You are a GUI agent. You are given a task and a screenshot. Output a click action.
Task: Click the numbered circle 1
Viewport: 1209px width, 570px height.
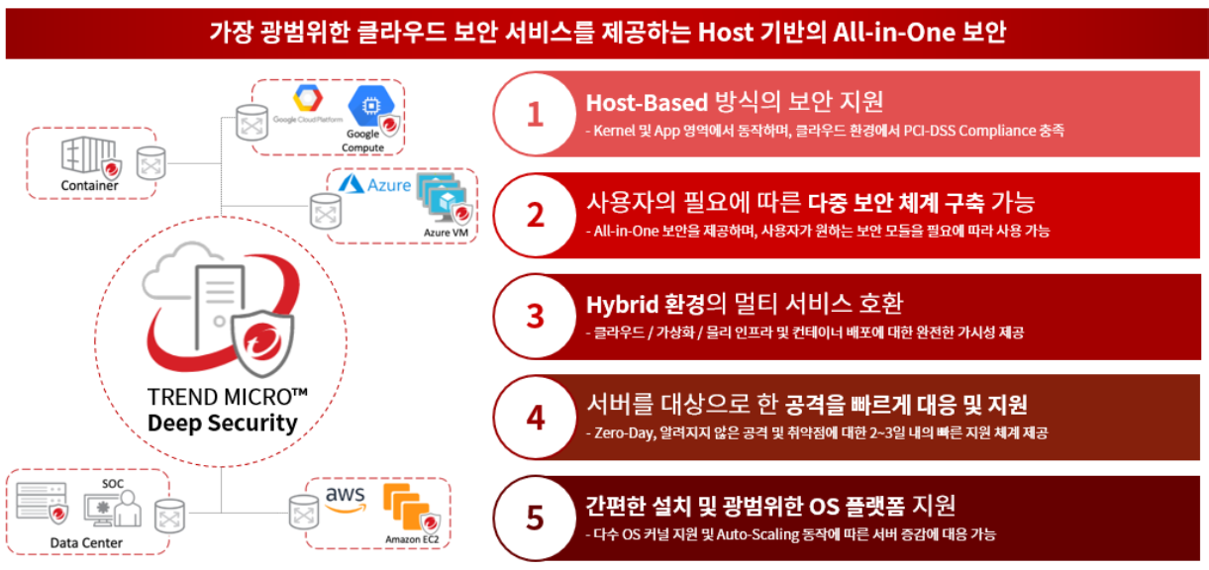[x=535, y=114]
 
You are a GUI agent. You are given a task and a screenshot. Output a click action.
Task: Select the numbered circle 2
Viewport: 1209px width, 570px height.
[x=535, y=215]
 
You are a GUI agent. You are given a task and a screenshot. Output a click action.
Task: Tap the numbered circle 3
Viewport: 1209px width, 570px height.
[x=535, y=316]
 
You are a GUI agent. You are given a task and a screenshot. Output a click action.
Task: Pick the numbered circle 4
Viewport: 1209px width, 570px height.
[x=535, y=417]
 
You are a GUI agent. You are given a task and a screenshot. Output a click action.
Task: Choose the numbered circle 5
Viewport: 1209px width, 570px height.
[x=535, y=518]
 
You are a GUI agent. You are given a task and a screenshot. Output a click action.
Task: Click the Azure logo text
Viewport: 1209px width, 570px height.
[x=388, y=185]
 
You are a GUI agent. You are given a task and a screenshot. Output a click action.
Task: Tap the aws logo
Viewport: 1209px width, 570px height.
[x=346, y=499]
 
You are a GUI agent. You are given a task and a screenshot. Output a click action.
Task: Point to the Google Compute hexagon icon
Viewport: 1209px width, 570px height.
[x=371, y=106]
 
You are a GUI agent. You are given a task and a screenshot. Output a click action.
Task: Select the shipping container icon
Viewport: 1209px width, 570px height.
[x=88, y=154]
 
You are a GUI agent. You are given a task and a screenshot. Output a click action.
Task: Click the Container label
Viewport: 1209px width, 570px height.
[x=89, y=185]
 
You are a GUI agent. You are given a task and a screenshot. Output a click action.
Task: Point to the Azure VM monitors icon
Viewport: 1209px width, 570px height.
[x=443, y=197]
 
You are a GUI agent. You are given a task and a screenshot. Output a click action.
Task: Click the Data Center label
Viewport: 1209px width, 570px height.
[x=86, y=542]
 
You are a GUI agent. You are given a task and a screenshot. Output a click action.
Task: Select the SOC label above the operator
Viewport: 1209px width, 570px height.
[x=113, y=484]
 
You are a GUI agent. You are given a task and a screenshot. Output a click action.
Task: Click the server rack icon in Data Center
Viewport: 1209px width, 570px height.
[x=41, y=501]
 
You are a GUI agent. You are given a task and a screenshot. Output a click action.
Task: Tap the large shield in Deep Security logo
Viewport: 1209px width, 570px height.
[x=262, y=343]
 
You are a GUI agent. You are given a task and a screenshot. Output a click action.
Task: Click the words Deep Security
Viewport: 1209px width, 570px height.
[x=223, y=423]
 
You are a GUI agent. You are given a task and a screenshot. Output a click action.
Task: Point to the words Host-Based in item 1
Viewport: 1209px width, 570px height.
[x=647, y=103]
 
